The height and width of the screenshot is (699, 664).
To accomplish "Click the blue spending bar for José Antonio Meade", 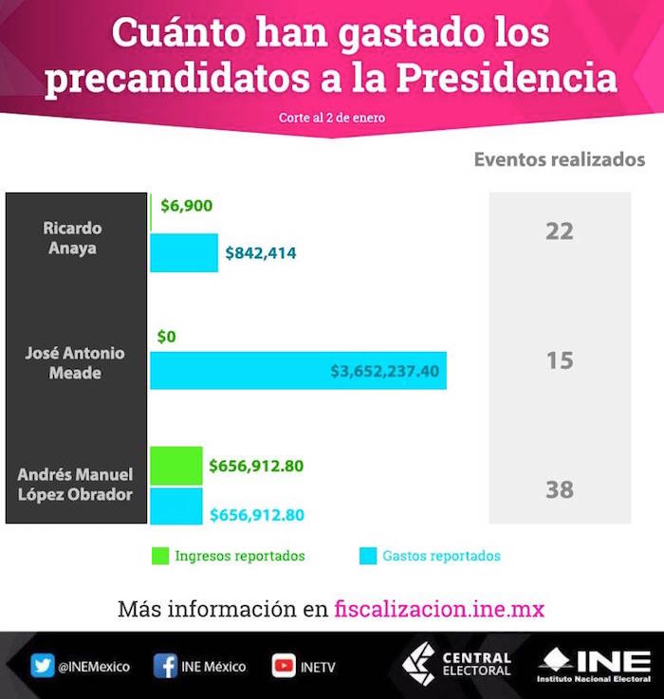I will pos(237,371).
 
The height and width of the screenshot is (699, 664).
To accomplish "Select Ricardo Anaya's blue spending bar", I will pos(184,253).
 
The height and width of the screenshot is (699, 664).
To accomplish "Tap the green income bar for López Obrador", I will pos(176,466).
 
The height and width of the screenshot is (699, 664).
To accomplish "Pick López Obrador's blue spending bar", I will pos(176,506).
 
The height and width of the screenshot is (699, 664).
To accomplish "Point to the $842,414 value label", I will pos(261,253).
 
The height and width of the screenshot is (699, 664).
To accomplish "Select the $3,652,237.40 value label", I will pos(384,371).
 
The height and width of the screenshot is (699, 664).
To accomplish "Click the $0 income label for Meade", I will pos(167,336).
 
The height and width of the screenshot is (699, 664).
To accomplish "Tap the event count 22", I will pos(560,230).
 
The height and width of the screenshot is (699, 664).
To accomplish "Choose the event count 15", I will pos(560,360).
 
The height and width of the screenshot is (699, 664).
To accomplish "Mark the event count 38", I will pos(560,489).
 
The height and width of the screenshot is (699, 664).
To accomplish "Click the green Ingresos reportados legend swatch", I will pos(158,556).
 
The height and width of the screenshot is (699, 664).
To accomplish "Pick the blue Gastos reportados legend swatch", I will pos(366,556).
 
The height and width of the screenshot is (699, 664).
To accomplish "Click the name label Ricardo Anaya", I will pos(72,238).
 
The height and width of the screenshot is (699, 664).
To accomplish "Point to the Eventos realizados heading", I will pos(560,159).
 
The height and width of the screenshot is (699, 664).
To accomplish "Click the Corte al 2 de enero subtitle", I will pos(332,119).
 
